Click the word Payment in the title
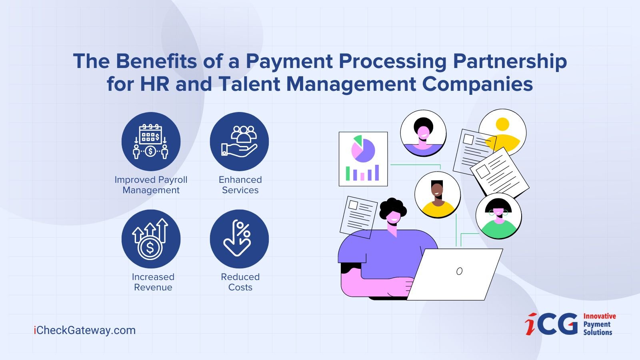[x=290, y=62]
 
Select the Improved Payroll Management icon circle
[x=151, y=142]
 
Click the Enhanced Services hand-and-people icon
[x=240, y=142]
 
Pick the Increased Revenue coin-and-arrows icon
[x=150, y=239]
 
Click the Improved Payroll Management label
[x=151, y=185]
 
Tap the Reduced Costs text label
[x=240, y=282]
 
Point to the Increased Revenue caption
[x=153, y=282]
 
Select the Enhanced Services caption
[x=240, y=185]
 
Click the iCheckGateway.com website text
[x=84, y=330]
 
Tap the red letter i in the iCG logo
[x=531, y=324]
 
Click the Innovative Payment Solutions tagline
[x=599, y=324]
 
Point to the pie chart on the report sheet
[x=363, y=149]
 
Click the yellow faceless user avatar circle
[x=502, y=132]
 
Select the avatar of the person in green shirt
[x=498, y=216]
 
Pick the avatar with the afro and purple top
[x=423, y=133]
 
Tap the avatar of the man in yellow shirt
[x=438, y=194]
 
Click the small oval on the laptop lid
[x=460, y=271]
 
